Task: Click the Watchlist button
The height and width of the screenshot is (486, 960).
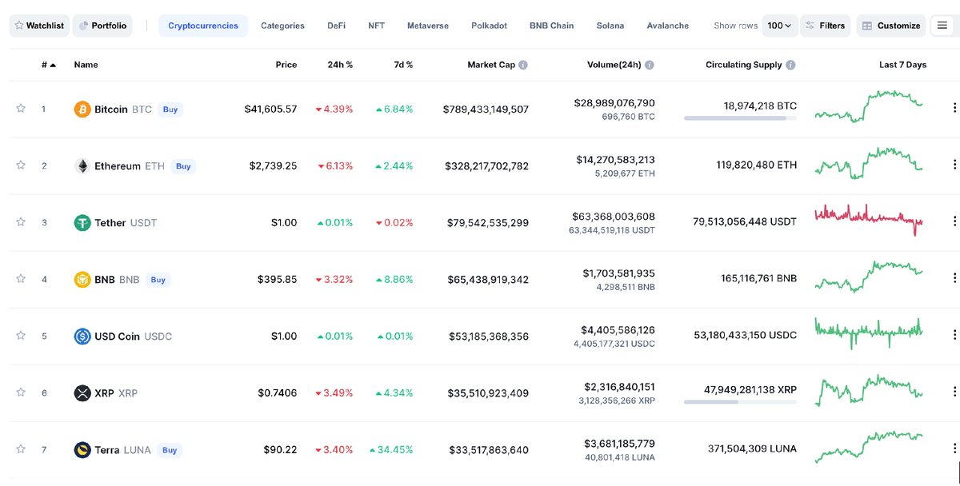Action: coord(39,26)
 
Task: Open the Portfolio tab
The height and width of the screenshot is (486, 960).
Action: coord(102,26)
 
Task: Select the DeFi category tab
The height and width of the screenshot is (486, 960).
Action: coord(337,26)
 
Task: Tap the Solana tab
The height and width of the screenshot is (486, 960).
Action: coord(610,26)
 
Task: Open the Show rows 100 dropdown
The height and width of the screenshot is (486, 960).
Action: coord(780,26)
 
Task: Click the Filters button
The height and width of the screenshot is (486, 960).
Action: coord(826,26)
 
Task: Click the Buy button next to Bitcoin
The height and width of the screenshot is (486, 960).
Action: coord(170,110)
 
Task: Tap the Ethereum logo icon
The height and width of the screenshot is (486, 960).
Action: coord(82,166)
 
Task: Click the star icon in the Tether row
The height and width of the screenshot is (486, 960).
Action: coord(21,222)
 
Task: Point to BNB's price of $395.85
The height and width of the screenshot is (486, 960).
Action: coord(277,280)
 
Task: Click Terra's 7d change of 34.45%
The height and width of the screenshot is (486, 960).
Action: coord(391,450)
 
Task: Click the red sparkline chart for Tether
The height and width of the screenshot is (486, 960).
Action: coord(869,218)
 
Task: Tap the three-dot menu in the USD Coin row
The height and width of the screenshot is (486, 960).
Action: coord(954,336)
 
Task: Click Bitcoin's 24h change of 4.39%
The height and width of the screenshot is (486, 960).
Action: coord(334,110)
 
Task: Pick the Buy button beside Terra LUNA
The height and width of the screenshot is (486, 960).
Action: coord(170,450)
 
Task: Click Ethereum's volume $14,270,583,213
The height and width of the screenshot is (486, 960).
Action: coord(615,160)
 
